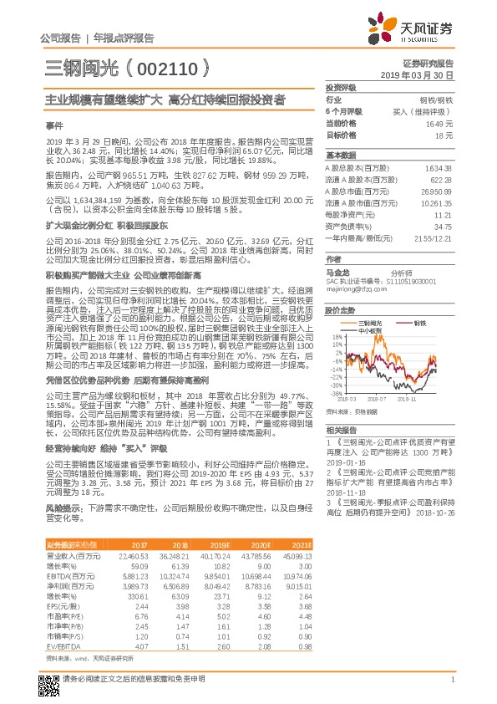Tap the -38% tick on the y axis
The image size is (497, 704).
(x=334, y=391)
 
